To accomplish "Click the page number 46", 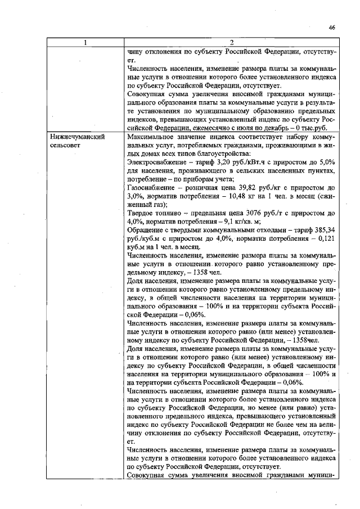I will pyautogui.click(x=332, y=26).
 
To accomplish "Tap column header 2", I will pyautogui.click(x=231, y=43).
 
